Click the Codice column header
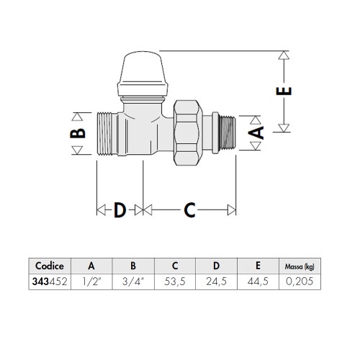[x=50, y=266]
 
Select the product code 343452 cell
[x=50, y=282]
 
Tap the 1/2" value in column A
[x=91, y=282]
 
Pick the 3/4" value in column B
[x=133, y=282]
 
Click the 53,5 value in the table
[x=175, y=282]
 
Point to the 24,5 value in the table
[x=216, y=282]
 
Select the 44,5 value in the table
[x=258, y=282]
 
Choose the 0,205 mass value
[x=300, y=282]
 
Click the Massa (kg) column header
[x=300, y=266]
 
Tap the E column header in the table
[x=258, y=266]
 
